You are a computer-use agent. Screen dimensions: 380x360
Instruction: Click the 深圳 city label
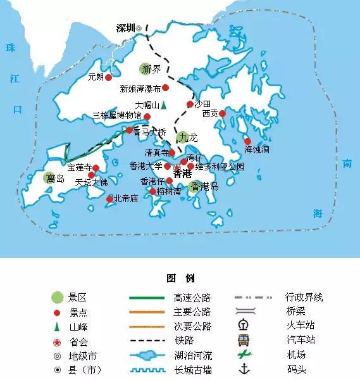125,28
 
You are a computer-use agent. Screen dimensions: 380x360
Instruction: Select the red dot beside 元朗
108,77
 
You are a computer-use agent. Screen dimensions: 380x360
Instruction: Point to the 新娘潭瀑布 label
140,89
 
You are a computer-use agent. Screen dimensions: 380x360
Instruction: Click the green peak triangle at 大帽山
163,104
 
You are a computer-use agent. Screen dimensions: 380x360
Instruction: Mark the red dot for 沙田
189,104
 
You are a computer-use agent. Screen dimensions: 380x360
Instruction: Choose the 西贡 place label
210,114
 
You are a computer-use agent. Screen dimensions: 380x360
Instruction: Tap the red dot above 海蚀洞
247,141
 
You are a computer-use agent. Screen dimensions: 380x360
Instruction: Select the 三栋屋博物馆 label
117,117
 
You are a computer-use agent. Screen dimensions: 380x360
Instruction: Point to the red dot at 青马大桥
130,130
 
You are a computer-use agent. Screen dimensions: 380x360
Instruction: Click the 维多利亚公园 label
220,167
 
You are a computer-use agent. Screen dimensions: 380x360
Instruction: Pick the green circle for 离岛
51,179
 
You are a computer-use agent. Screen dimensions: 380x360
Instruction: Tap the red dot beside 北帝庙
109,199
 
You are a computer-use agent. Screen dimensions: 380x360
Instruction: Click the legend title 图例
180,279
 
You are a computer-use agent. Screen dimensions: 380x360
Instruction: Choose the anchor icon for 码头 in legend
243,369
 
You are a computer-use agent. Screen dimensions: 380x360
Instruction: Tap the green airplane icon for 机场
243,355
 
